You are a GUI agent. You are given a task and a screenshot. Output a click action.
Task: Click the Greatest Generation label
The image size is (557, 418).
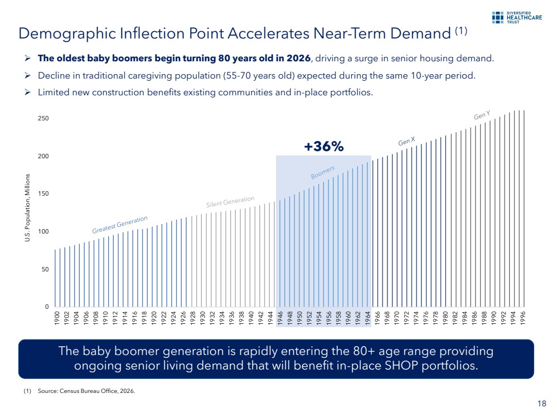(x=120, y=224)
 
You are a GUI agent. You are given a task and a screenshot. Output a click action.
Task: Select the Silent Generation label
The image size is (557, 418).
(x=230, y=202)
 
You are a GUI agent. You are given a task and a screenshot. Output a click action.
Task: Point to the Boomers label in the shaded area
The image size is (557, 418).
(x=322, y=173)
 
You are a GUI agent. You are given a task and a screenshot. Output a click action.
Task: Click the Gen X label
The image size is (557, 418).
(x=406, y=141)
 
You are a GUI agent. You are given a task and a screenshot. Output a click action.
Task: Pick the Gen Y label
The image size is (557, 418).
(x=482, y=115)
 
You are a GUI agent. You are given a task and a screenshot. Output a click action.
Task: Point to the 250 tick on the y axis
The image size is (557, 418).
(x=43, y=119)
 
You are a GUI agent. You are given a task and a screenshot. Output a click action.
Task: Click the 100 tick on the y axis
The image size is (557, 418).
(x=43, y=231)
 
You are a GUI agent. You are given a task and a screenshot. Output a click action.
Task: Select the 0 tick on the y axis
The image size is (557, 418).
(x=46, y=307)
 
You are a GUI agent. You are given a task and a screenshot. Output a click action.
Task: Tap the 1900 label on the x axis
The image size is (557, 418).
(x=56, y=319)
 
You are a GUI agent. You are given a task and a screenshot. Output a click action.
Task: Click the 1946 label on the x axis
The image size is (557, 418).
(x=279, y=319)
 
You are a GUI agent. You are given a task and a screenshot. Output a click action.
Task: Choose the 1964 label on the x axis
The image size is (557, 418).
(x=367, y=319)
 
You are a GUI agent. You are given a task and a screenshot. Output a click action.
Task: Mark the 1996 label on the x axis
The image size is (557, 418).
(x=523, y=319)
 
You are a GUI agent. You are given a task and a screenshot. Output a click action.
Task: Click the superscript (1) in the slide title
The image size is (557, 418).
(x=461, y=31)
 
